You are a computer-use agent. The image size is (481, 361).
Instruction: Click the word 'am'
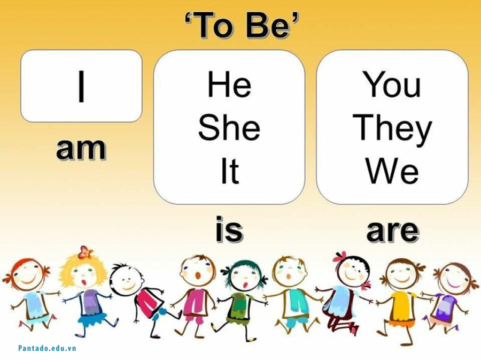81,149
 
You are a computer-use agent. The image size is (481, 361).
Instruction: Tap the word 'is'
229,230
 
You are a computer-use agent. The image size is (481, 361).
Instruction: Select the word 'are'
392,230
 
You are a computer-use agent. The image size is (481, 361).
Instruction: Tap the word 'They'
392,129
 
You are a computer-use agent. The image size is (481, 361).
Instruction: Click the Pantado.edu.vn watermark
47,348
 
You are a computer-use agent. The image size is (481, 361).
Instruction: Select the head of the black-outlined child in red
127,278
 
